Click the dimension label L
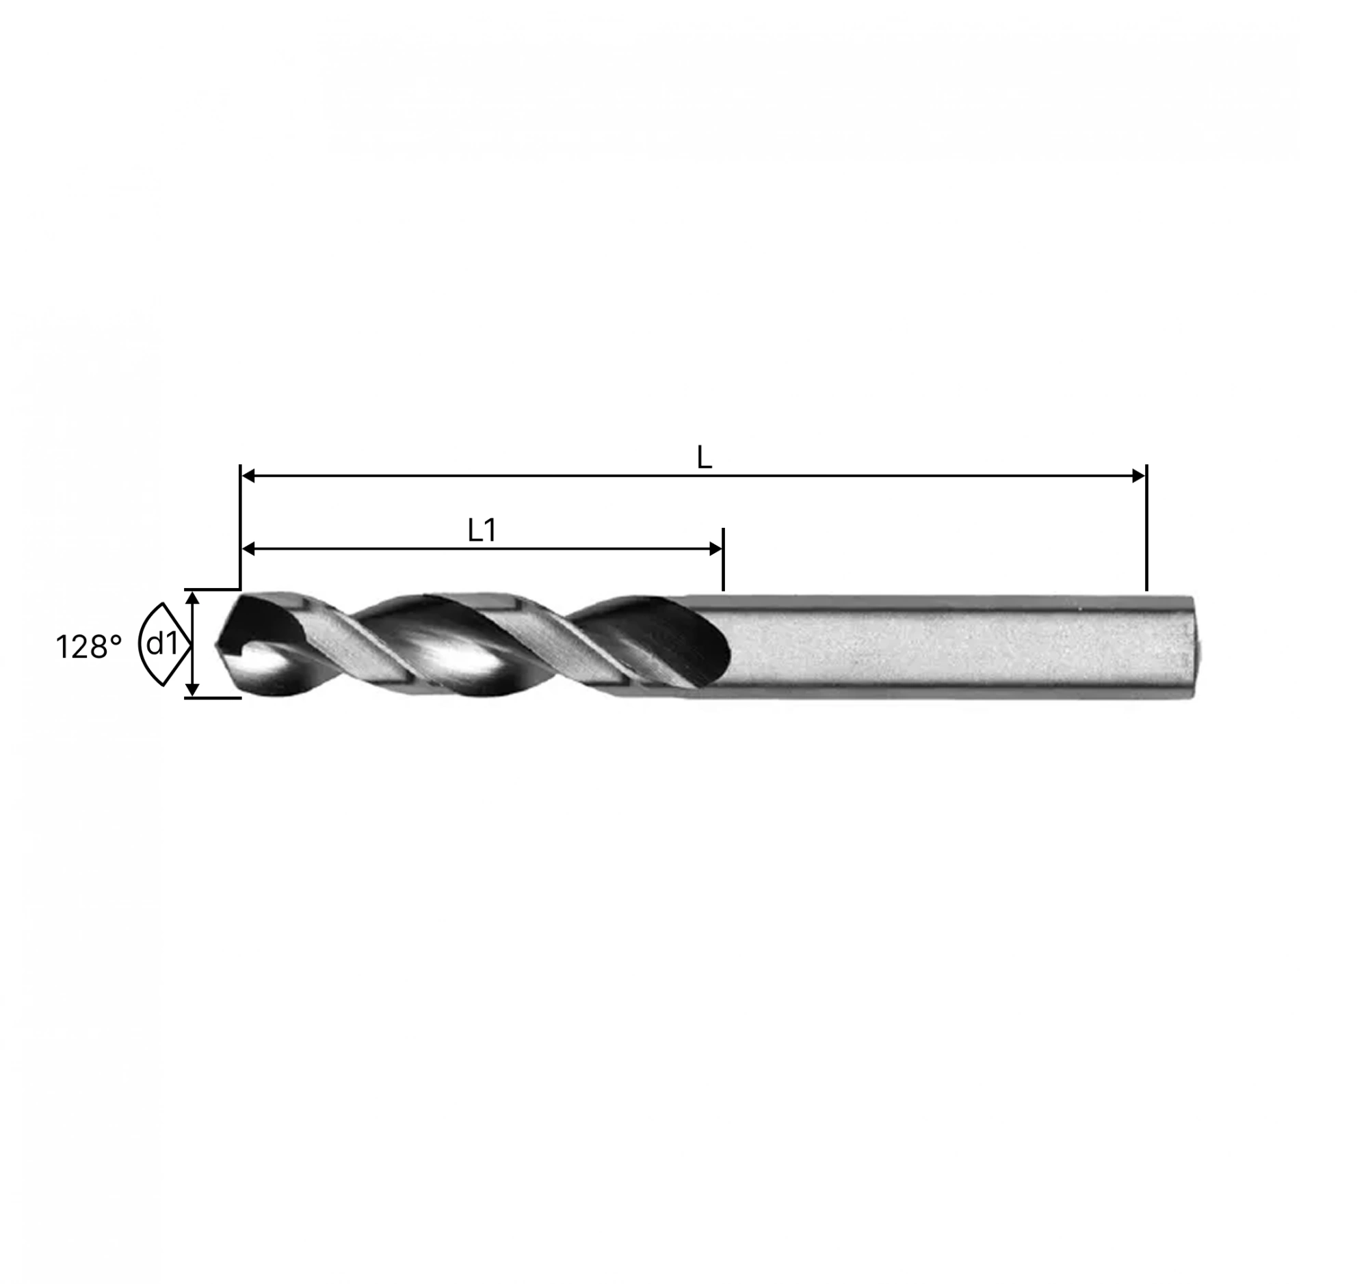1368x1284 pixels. click(704, 458)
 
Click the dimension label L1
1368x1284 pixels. click(482, 531)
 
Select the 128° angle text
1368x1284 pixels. click(89, 647)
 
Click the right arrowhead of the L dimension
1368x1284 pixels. click(1138, 475)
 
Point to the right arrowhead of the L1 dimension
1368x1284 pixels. click(715, 549)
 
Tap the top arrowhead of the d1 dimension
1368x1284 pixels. click(193, 598)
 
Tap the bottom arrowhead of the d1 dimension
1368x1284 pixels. click(193, 690)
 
